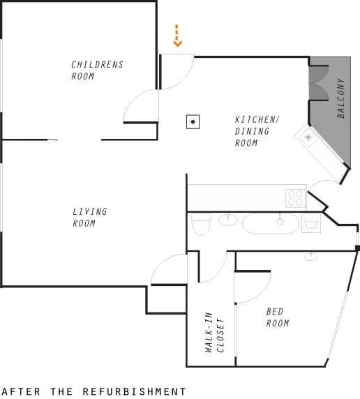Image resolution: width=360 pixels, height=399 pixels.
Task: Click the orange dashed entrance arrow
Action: (x=177, y=36)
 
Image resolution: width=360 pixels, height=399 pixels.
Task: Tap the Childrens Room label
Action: (x=97, y=70)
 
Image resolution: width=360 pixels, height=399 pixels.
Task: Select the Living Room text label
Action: (x=89, y=218)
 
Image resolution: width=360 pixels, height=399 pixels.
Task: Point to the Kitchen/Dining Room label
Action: (x=257, y=131)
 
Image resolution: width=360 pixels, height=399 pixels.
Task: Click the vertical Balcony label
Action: (x=340, y=98)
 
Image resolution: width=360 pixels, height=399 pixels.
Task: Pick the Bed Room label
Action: (x=277, y=317)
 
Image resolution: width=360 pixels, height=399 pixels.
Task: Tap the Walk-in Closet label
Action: (x=214, y=332)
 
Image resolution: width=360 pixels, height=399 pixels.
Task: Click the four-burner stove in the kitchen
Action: (x=295, y=198)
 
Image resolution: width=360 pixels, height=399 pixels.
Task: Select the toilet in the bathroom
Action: (x=201, y=225)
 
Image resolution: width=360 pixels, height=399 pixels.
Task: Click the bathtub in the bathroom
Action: (x=271, y=224)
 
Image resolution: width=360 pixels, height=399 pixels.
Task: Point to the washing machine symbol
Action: (x=311, y=223)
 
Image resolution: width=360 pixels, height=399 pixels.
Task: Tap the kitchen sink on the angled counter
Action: (x=308, y=137)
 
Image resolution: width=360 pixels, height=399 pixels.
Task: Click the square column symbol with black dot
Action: (x=193, y=122)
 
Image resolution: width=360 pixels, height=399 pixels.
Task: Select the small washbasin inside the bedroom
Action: (x=310, y=257)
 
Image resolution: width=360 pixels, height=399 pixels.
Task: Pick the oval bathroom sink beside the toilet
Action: (x=228, y=220)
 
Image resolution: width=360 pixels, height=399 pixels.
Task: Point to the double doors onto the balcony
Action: (x=319, y=83)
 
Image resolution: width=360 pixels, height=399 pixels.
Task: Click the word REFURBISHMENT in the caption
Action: (x=134, y=391)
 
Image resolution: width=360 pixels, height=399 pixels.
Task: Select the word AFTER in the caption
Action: (x=21, y=391)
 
